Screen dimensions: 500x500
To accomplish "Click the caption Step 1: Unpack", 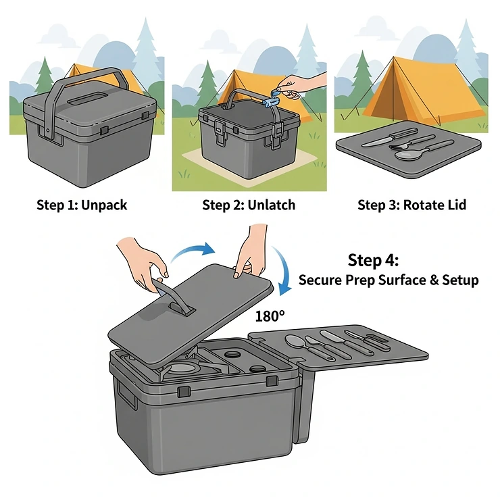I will pyautogui.click(x=81, y=205).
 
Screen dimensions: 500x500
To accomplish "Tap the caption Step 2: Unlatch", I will pyautogui.click(x=249, y=205).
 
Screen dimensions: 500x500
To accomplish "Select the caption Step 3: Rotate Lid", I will pyautogui.click(x=411, y=205).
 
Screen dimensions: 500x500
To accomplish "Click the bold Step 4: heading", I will pyautogui.click(x=374, y=260).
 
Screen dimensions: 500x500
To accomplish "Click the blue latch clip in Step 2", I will pyautogui.click(x=271, y=101).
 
